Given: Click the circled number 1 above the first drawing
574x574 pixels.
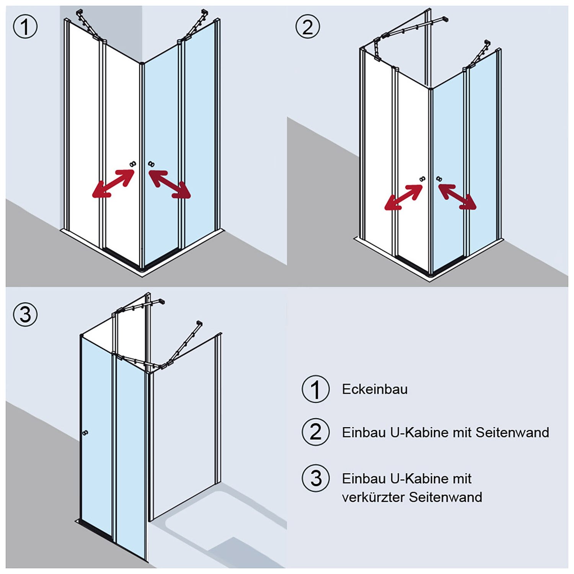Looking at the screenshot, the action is coord(25,27).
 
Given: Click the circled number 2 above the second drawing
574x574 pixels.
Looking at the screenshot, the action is coord(308,27).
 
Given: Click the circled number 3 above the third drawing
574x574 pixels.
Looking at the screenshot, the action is coord(25,315).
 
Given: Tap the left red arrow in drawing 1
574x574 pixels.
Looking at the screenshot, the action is coord(114,183).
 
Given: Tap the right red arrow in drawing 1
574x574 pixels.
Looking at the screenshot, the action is coord(169,184).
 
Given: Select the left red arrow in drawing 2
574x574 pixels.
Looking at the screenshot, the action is coord(404,197).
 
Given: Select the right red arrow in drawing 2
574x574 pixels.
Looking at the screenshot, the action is coord(457,197).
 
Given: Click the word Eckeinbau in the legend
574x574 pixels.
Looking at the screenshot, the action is coord(375,389).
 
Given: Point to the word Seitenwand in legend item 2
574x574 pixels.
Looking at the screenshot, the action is coord(512,432).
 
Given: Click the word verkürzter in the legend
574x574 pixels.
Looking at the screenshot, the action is coord(373,497).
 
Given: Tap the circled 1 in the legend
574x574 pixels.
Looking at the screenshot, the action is coord(315,389).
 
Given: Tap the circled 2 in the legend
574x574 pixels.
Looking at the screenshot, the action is coord(315,432).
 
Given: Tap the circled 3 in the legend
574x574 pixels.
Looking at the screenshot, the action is coord(315,478).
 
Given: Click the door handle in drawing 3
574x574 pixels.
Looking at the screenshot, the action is coord(85,433).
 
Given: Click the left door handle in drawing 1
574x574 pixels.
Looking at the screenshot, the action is coord(133,164).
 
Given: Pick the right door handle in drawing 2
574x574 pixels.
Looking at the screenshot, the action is coord(439,179).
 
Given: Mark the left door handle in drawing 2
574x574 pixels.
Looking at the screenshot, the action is coord(422,179).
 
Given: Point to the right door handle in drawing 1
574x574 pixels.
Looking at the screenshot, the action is coord(151,164).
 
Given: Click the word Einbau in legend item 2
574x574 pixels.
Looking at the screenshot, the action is coord(363,432).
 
